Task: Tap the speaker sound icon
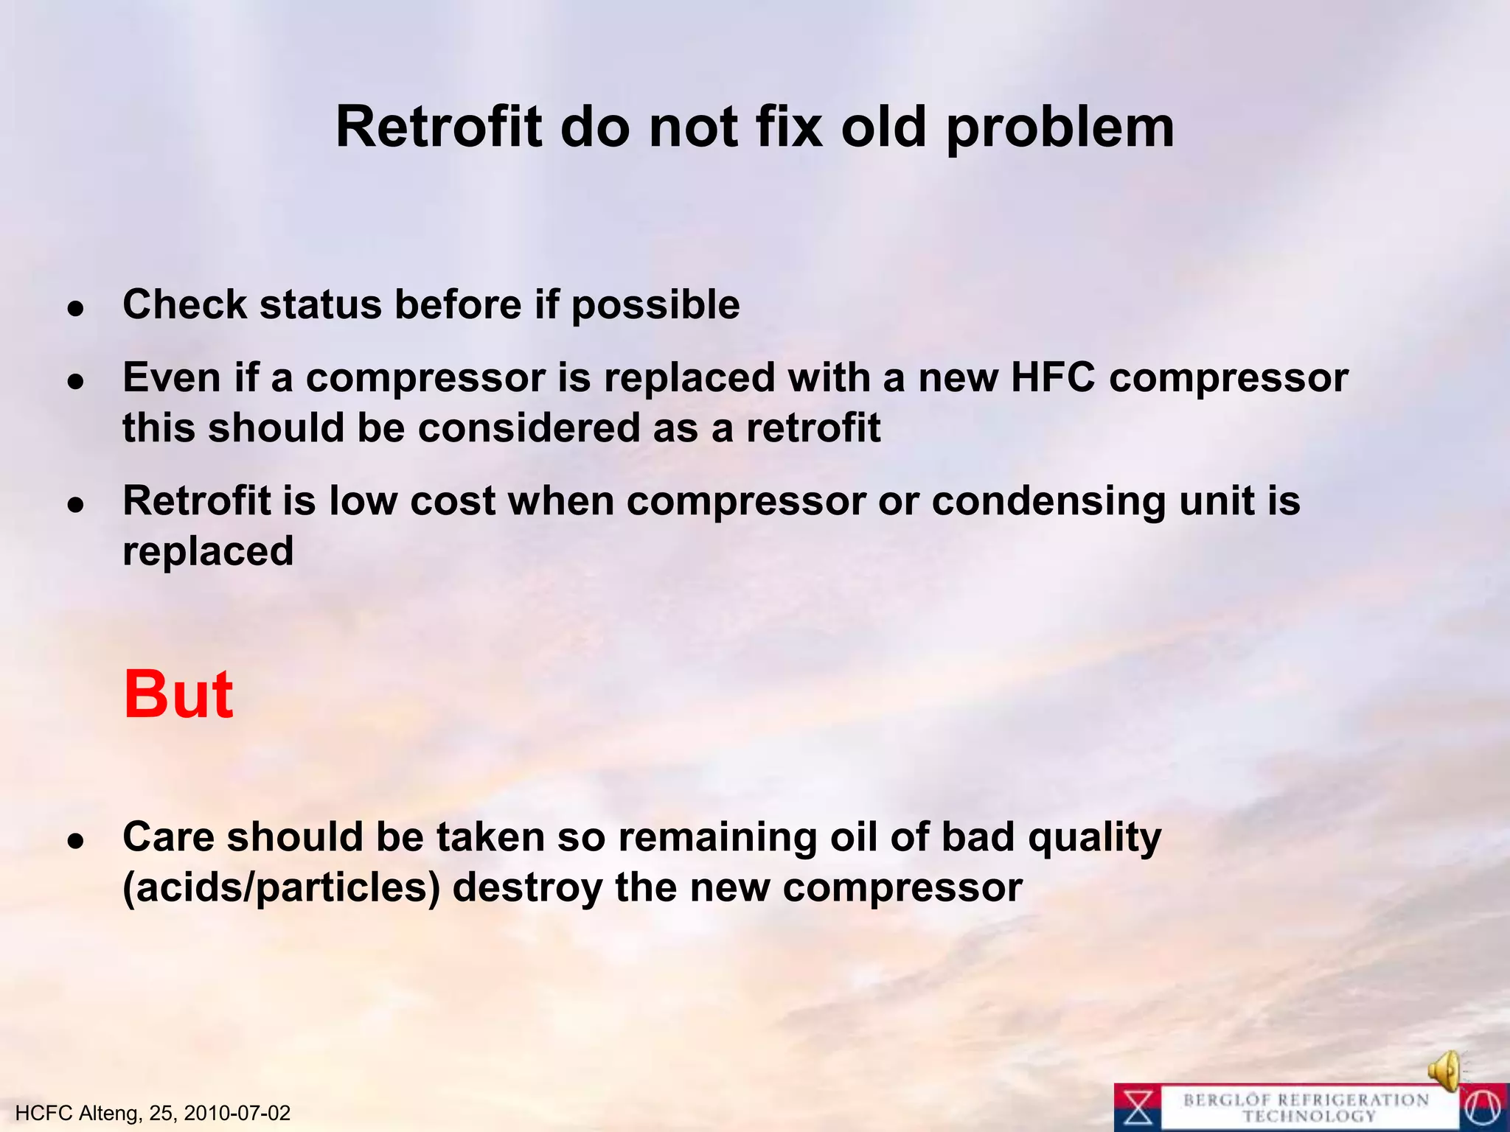(x=1446, y=1070)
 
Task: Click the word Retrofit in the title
(x=439, y=127)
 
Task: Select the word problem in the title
(x=1060, y=128)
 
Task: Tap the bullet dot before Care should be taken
(x=75, y=842)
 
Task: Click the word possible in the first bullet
(x=655, y=305)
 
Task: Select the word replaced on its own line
(x=208, y=551)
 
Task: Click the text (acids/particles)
(x=281, y=887)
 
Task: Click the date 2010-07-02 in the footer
(x=237, y=1113)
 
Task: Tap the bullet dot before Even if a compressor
(x=75, y=382)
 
